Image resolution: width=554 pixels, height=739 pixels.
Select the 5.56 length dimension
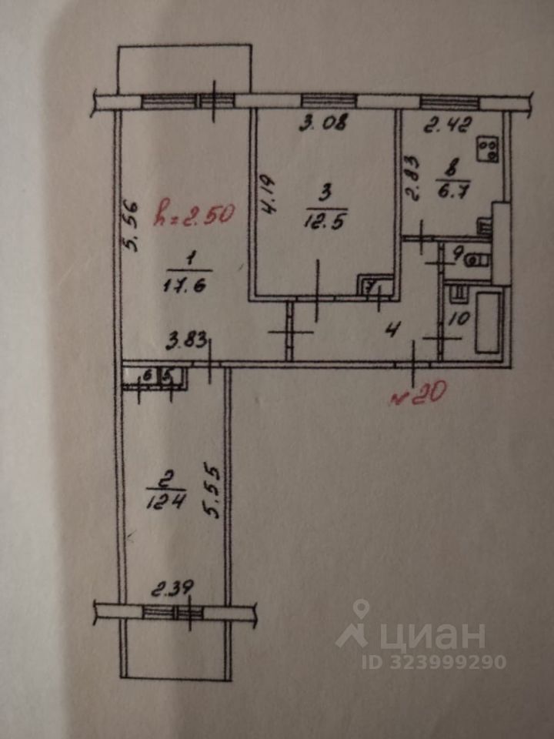tap(130, 226)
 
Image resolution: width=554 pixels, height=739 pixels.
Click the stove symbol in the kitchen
tap(488, 149)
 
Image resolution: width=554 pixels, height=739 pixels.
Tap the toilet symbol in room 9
tap(477, 259)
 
